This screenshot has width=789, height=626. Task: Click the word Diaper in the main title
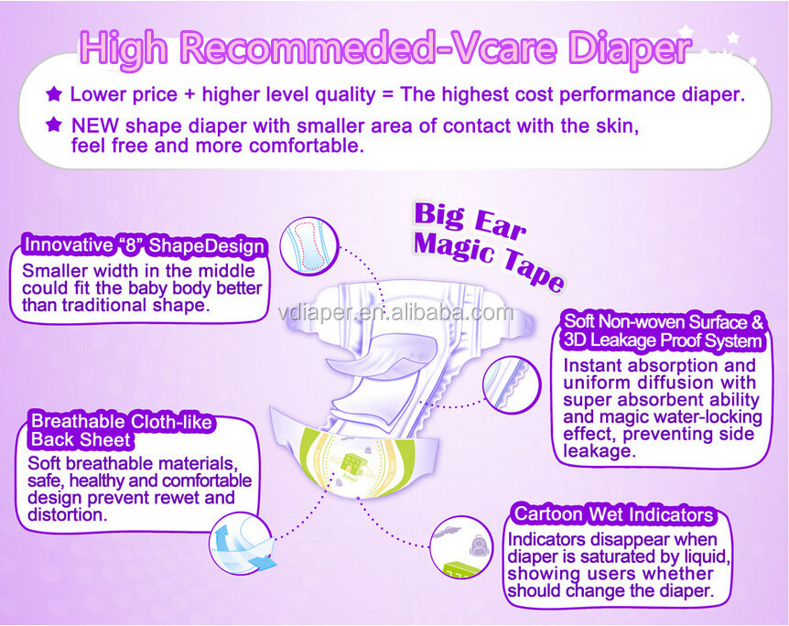point(630,49)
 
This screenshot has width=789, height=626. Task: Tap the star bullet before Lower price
point(54,93)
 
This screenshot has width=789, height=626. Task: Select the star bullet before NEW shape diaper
point(54,124)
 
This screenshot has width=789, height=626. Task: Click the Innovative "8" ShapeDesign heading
point(145,245)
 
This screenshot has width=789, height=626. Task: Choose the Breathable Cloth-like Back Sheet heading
point(121,430)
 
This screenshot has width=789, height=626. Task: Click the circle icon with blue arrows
point(242,545)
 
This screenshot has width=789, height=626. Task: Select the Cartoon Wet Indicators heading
point(613,514)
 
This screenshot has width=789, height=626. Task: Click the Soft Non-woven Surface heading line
point(664,321)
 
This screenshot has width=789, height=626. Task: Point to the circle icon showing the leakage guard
point(512,385)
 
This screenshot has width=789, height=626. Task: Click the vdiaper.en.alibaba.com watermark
point(395,313)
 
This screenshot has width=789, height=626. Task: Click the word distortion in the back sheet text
point(67,514)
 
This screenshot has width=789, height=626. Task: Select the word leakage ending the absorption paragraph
point(600,451)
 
